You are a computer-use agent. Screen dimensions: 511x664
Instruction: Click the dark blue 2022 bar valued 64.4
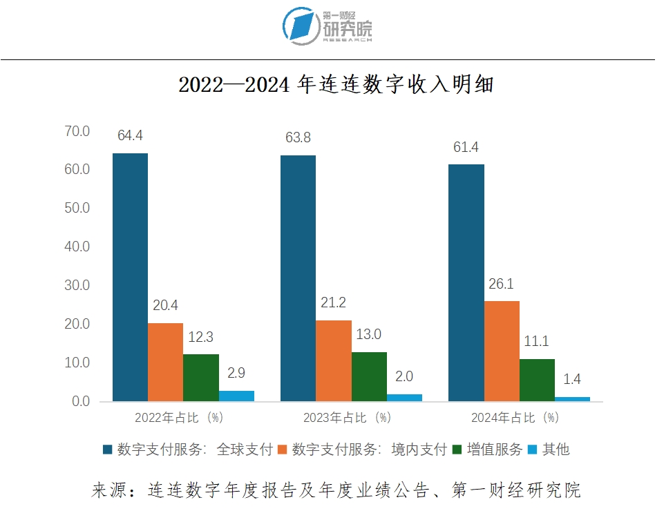[x=130, y=277]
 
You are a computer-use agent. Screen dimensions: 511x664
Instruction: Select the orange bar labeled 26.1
[x=502, y=351]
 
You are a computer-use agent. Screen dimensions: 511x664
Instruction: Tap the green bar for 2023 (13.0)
[x=369, y=376]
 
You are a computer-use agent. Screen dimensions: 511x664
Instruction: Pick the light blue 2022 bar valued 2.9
[x=236, y=396]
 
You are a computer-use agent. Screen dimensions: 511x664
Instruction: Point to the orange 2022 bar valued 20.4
[x=165, y=362]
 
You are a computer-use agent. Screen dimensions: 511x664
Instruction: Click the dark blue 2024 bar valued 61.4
[x=466, y=282]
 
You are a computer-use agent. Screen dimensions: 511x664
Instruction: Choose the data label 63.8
[x=298, y=138]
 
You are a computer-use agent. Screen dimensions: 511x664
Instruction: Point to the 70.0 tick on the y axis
[x=77, y=131]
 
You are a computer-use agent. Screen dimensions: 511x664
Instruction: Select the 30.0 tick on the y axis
[x=77, y=285]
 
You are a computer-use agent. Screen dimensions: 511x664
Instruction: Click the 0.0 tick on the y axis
[x=80, y=401]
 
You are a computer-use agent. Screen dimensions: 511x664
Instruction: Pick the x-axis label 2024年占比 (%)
[x=515, y=418]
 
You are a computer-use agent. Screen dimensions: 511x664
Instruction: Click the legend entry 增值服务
[x=494, y=450]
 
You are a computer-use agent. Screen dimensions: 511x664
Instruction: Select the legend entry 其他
[x=556, y=450]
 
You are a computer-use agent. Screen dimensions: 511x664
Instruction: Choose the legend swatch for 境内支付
[x=282, y=450]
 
